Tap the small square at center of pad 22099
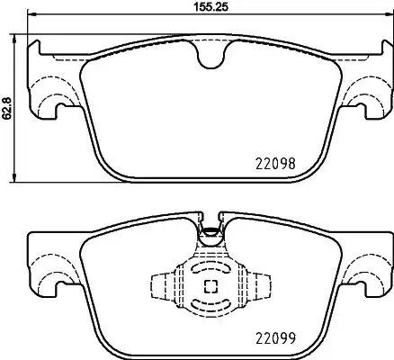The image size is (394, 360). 210,287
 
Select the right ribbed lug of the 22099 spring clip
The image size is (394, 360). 262,287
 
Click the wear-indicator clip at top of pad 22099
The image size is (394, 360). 210,231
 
